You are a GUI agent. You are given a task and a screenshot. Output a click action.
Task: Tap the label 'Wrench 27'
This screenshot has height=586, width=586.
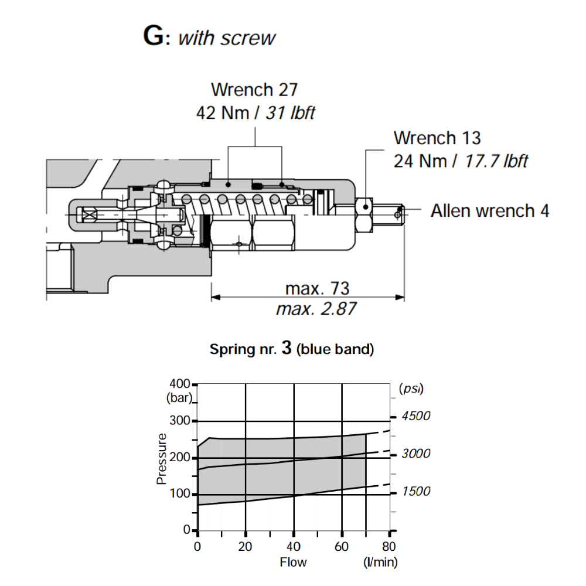tap(254, 90)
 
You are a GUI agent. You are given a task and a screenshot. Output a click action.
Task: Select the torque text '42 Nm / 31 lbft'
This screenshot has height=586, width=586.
tap(255, 112)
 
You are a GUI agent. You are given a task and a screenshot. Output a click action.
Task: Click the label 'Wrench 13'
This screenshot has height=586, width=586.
tap(437, 138)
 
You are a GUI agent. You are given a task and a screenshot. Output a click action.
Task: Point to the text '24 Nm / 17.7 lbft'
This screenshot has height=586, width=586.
tap(461, 160)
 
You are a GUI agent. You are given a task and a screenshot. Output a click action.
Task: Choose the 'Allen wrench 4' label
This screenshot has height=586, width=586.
tap(490, 211)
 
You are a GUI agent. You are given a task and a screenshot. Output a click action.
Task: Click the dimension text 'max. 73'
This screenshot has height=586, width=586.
tap(317, 288)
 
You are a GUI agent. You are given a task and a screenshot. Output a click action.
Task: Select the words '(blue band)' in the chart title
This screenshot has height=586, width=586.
tap(335, 350)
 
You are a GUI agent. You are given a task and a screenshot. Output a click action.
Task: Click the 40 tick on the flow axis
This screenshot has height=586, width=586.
tap(294, 547)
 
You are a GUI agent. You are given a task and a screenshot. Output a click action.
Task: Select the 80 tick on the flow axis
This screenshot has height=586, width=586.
tap(390, 547)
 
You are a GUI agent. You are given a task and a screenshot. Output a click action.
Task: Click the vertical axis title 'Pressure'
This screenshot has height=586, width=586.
tap(162, 458)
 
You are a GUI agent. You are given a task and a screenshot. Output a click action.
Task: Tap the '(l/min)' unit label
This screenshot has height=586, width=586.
tap(380, 563)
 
